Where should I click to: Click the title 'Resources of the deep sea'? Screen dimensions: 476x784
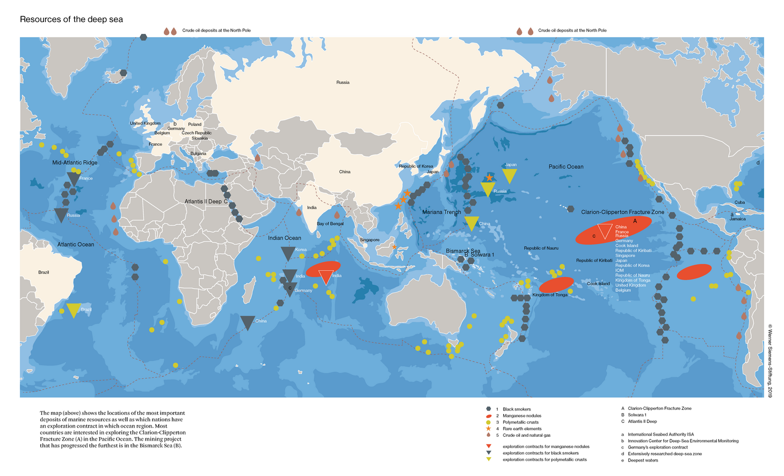pyautogui.click(x=71, y=19)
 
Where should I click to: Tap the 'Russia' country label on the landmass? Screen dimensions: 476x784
pyautogui.click(x=343, y=82)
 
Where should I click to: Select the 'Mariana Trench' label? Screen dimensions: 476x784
pyautogui.click(x=441, y=212)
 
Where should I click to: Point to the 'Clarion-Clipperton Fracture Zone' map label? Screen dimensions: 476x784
pyautogui.click(x=622, y=212)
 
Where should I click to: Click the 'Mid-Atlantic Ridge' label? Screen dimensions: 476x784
pyautogui.click(x=75, y=162)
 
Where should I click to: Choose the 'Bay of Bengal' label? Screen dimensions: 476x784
pyautogui.click(x=330, y=223)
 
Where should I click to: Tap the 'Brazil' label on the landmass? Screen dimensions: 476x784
pyautogui.click(x=43, y=272)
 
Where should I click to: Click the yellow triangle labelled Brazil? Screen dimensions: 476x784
pyautogui.click(x=73, y=310)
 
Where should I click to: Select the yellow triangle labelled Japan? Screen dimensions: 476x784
pyautogui.click(x=509, y=175)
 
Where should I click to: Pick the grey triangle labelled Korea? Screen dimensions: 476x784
pyautogui.click(x=288, y=253)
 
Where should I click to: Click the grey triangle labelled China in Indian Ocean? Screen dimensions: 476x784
pyautogui.click(x=247, y=322)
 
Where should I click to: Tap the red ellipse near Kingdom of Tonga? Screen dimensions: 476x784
pyautogui.click(x=556, y=285)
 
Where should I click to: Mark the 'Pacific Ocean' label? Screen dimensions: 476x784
pyautogui.click(x=565, y=167)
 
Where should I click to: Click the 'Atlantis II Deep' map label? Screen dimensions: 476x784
pyautogui.click(x=206, y=201)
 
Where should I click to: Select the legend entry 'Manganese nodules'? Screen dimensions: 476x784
pyautogui.click(x=521, y=416)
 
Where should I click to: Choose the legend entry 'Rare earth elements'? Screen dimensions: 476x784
pyautogui.click(x=522, y=429)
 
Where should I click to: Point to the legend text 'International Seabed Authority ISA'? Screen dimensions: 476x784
pyautogui.click(x=660, y=434)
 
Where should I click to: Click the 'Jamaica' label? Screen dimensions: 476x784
pyautogui.click(x=737, y=219)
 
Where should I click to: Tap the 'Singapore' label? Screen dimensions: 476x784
pyautogui.click(x=369, y=240)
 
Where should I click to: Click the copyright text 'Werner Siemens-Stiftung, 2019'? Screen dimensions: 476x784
pyautogui.click(x=770, y=360)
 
